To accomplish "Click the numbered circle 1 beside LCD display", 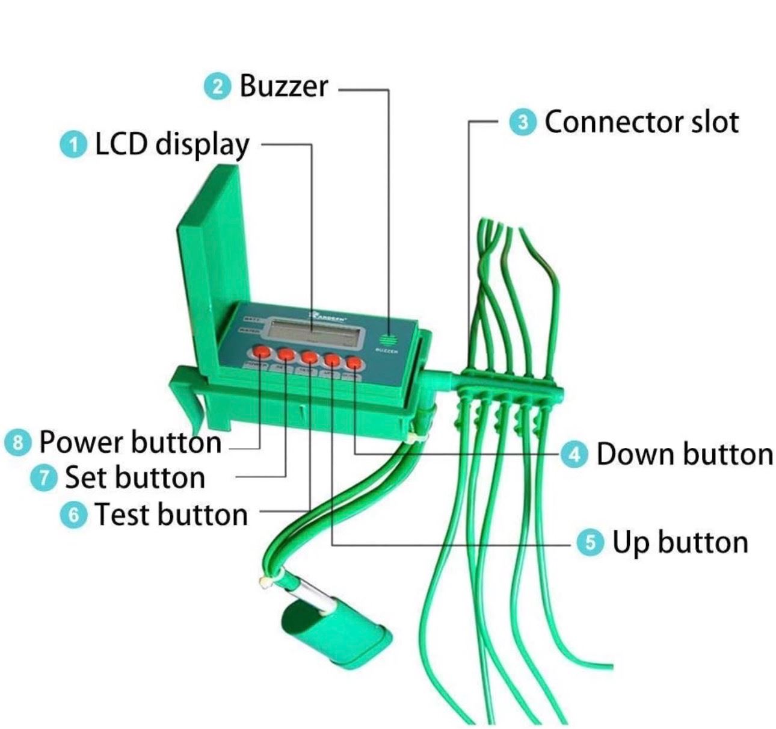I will coord(73,146).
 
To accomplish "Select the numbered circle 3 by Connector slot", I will coord(522,122).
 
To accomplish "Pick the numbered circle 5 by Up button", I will coord(590,543).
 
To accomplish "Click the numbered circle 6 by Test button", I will coord(73,515).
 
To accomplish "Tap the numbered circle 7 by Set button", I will coord(43,478).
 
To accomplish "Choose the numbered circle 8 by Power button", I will coord(17,443).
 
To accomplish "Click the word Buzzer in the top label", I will coord(284,86).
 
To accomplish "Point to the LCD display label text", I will coord(172,146).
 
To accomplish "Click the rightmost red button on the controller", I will coord(354,364).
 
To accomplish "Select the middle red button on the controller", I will coord(309,357).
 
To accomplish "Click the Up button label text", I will coord(680,543).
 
